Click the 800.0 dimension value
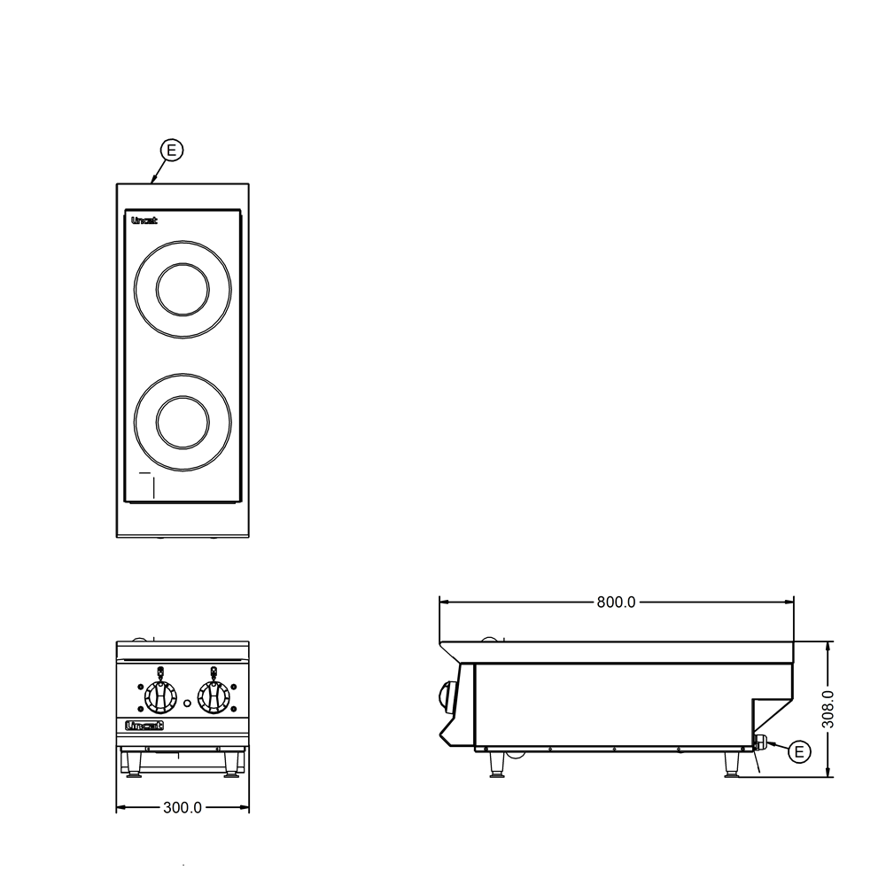(616, 602)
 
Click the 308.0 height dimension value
(828, 709)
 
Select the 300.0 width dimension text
(183, 808)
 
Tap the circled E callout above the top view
(172, 151)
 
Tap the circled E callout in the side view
(799, 752)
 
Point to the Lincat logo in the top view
(144, 221)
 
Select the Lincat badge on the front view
(144, 726)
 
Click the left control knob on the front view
(160, 697)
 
